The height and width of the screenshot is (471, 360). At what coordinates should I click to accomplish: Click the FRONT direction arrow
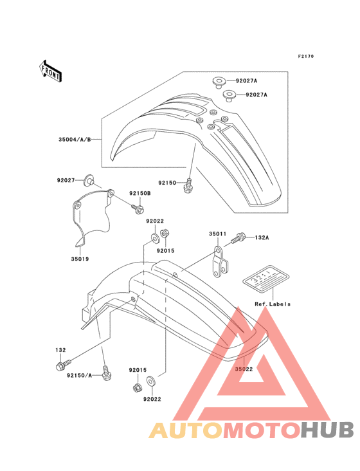(50, 71)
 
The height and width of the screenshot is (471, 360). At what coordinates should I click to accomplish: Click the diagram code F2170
(306, 56)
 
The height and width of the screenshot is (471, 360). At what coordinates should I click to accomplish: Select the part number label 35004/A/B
(75, 140)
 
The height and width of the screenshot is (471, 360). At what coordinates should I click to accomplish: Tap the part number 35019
(80, 259)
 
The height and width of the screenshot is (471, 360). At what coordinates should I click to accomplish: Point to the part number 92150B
(140, 193)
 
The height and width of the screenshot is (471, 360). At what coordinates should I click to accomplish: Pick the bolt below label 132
(64, 365)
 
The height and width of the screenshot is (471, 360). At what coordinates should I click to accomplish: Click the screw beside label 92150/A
(106, 373)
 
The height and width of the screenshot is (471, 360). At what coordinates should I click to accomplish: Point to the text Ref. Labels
(273, 304)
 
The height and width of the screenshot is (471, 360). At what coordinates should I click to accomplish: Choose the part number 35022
(244, 369)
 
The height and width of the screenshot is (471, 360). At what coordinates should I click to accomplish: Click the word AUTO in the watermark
(186, 430)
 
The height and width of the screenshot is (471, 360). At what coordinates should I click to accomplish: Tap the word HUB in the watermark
(328, 430)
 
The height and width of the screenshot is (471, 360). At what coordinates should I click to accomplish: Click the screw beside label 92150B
(138, 208)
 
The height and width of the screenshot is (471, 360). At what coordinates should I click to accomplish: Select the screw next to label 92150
(188, 186)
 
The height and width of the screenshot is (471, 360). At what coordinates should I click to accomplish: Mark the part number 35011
(218, 234)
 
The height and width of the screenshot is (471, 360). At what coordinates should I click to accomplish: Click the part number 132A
(262, 237)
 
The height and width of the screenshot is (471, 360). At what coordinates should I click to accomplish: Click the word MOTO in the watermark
(262, 430)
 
